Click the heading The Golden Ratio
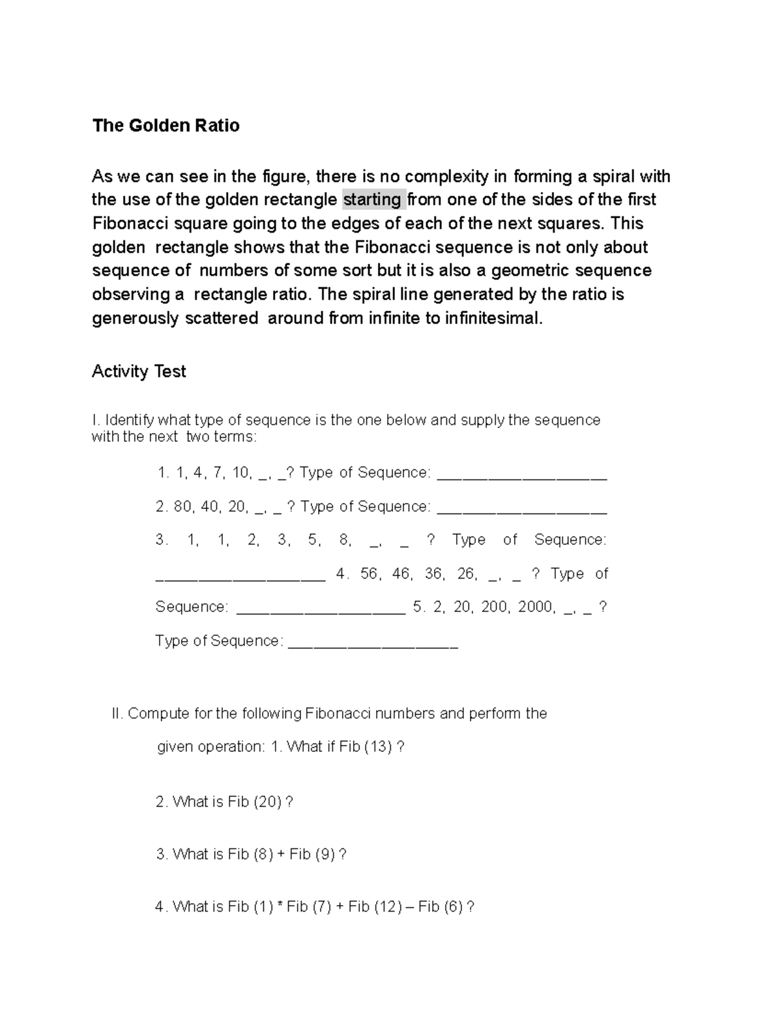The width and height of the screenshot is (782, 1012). point(166,126)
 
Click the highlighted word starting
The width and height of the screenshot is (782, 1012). point(372,199)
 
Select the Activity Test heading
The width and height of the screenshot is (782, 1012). point(139,371)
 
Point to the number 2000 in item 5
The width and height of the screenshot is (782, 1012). point(536,607)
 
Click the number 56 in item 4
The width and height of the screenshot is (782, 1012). point(369,573)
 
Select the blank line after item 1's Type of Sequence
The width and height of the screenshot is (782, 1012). point(521,477)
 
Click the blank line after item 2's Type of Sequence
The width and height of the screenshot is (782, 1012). point(521,511)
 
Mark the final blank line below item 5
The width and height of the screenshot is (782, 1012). point(373,645)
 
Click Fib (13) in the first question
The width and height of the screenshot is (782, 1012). point(366,747)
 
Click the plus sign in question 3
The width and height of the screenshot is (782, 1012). point(281,854)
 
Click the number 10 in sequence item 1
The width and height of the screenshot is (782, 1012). point(240,472)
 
